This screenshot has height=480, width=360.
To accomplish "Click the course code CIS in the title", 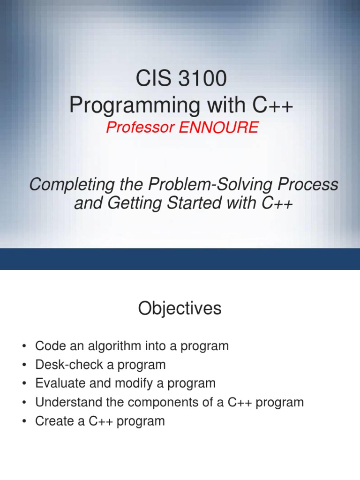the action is [153, 78].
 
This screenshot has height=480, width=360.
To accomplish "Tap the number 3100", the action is [202, 78].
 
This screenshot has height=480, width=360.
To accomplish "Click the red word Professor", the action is [141, 127].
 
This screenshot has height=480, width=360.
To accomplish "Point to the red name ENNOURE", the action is [218, 127].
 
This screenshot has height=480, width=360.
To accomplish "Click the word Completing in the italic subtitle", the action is [72, 185].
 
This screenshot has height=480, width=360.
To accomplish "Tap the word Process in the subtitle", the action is [307, 184].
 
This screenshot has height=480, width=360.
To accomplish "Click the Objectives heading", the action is [180, 308].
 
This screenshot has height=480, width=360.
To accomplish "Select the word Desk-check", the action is [69, 365].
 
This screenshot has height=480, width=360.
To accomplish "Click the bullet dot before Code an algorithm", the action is [24, 346].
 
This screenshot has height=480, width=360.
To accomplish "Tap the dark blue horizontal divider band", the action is [180, 259].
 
